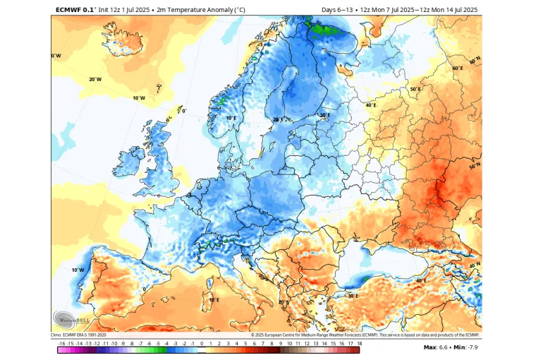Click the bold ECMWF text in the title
[68, 9]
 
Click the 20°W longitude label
[95, 79]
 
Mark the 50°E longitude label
[415, 90]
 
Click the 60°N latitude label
[457, 68]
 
